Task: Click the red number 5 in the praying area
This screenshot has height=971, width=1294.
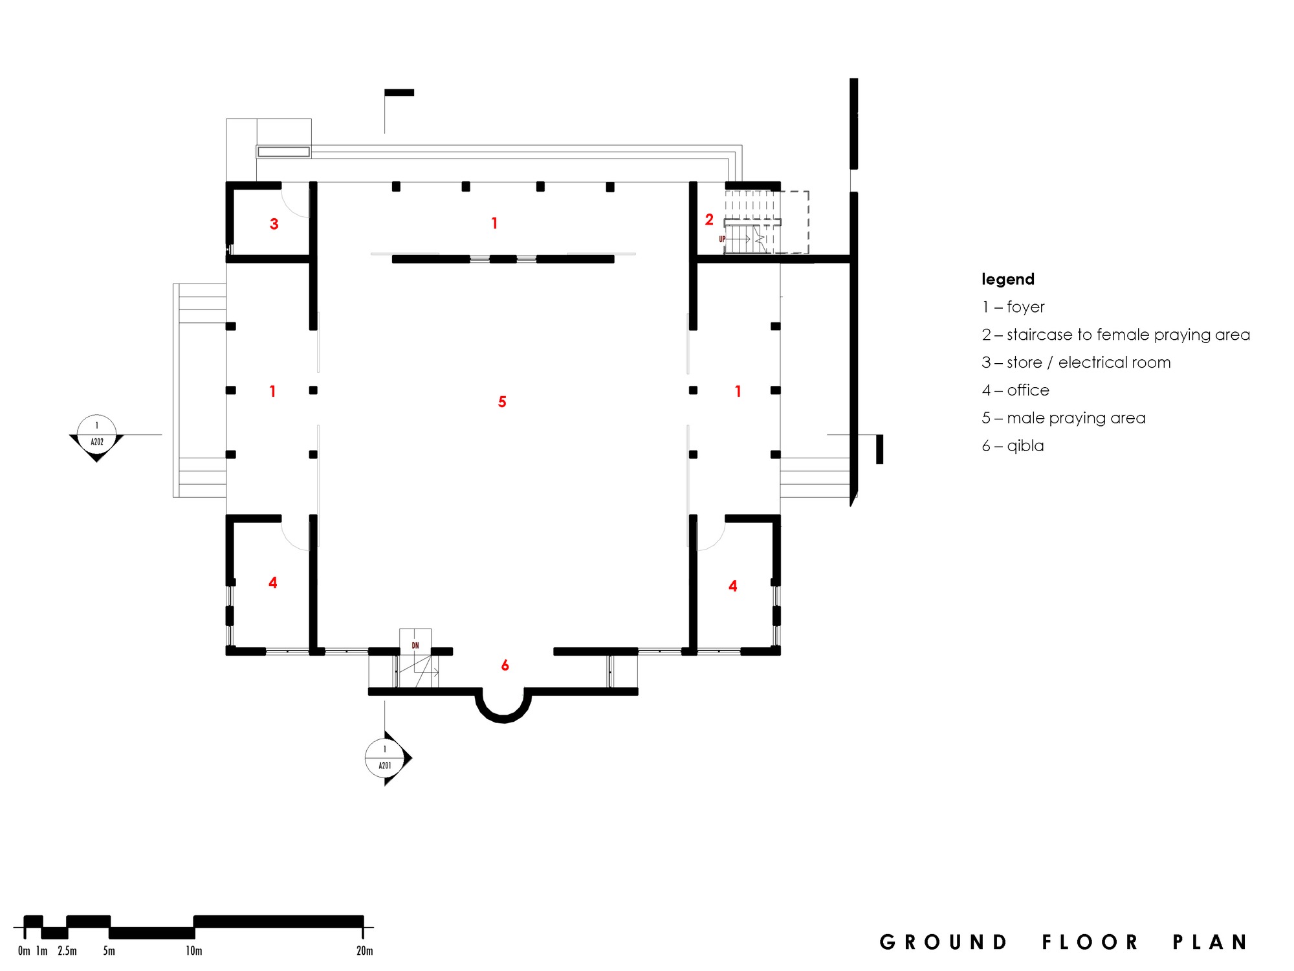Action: (x=502, y=402)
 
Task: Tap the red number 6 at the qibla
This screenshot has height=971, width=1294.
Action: (x=505, y=665)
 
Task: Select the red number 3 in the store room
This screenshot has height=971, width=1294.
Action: (x=274, y=224)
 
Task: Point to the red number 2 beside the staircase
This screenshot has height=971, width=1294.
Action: (x=709, y=220)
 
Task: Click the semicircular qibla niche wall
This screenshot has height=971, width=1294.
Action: (x=503, y=715)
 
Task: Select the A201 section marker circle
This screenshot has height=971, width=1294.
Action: (x=385, y=757)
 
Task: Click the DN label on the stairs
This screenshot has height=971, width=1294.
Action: (x=415, y=645)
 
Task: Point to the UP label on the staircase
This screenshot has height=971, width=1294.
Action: (x=722, y=240)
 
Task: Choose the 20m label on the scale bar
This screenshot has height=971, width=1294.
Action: (x=364, y=951)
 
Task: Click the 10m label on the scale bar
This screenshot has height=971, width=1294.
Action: (x=194, y=951)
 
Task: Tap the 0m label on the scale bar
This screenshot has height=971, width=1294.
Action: (x=24, y=951)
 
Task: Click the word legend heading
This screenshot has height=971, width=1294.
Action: (x=1008, y=280)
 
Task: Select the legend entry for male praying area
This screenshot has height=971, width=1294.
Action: (x=1064, y=418)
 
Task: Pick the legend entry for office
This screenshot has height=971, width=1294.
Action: (x=1016, y=390)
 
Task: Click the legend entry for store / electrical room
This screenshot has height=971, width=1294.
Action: (x=1076, y=363)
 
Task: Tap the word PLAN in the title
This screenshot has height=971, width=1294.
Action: (x=1210, y=943)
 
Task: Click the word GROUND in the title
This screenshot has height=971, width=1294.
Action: (x=944, y=943)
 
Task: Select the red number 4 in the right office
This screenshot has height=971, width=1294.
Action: (x=733, y=586)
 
